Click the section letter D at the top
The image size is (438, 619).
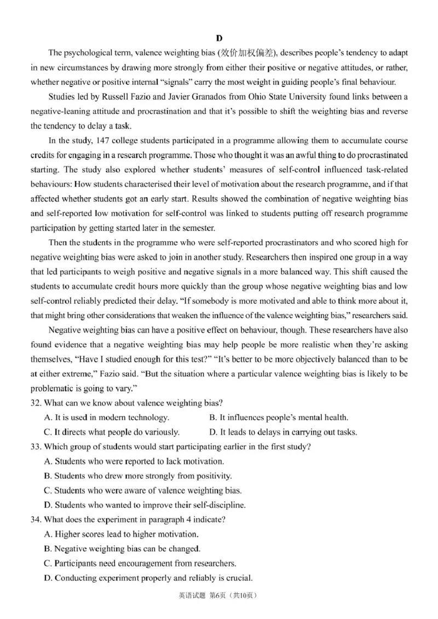tap(219, 38)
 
